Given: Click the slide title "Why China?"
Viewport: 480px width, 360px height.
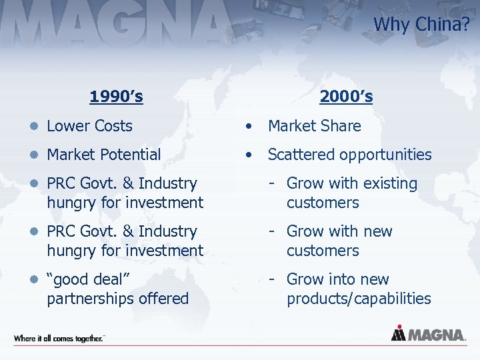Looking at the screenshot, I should coord(421,24).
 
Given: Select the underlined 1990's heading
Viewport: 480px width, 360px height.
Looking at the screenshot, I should coord(117,97).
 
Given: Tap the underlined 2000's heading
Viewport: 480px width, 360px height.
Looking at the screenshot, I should coord(346,97).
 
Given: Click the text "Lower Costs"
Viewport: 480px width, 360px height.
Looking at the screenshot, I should coord(89,126).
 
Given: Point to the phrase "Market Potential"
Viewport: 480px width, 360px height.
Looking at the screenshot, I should coord(103,155).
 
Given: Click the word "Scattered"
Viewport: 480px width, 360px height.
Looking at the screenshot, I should coord(300,155).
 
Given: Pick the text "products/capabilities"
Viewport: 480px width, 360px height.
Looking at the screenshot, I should coord(359,299).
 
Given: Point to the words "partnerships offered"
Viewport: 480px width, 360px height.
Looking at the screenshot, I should coord(117,299).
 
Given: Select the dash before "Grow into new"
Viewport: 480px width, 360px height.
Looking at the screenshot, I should coord(273,279).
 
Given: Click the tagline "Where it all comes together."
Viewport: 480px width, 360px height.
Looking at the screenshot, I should coord(59,339).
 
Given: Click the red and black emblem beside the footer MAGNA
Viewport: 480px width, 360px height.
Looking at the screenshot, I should coord(398,333).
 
